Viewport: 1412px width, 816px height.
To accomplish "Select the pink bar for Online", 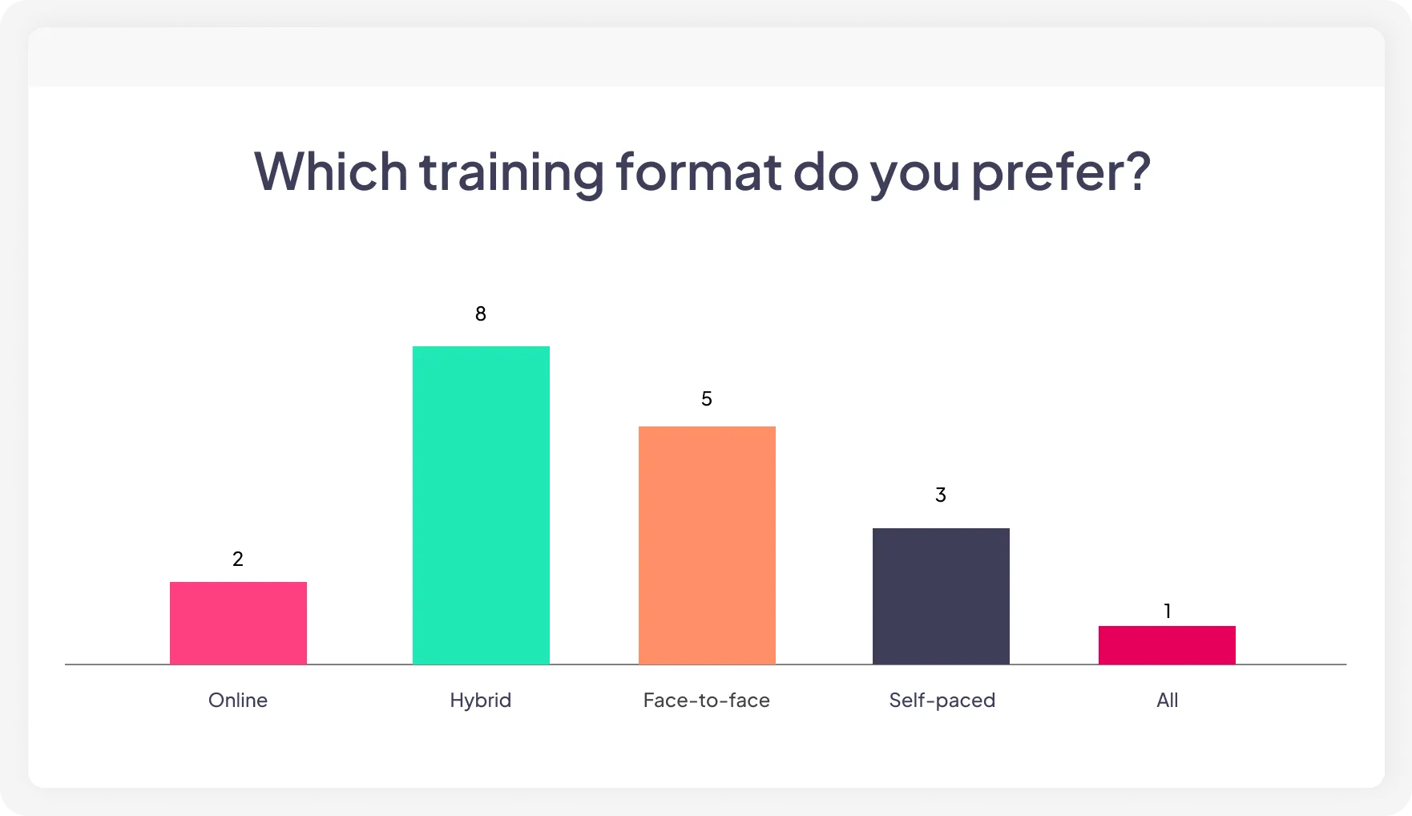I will pos(238,623).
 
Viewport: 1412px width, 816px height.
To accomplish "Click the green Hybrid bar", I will pos(481,505).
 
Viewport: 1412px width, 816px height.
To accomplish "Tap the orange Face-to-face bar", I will pos(707,545).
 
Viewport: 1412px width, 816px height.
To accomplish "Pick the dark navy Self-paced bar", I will pos(941,596).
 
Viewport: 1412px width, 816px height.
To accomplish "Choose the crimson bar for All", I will pos(1167,644).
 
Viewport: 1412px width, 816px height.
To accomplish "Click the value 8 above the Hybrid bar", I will pos(481,314).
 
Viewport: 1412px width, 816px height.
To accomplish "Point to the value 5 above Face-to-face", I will pos(707,399).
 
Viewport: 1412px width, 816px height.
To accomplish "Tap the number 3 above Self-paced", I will pos(941,495).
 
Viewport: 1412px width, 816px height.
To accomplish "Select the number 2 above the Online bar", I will pos(238,559).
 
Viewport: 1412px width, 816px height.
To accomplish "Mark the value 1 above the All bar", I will pos(1168,612).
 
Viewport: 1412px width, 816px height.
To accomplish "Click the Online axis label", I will pos(238,701).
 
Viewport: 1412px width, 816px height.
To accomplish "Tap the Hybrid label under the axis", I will pos(481,701).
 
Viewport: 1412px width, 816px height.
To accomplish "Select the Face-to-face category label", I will pos(707,701).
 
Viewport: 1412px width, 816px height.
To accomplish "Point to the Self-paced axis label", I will pos(942,701).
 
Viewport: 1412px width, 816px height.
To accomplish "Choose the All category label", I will pos(1168,701).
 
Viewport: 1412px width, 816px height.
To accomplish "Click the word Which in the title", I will pos(331,171).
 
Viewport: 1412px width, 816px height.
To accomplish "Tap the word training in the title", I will pos(510,172).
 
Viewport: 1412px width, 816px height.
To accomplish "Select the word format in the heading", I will pos(698,171).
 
